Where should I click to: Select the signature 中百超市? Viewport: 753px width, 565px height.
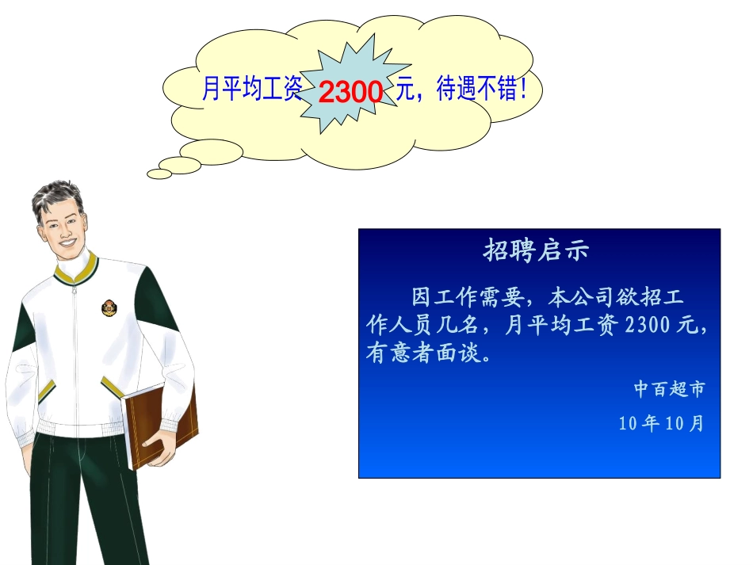(x=669, y=389)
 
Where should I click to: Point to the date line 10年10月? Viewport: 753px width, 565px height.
(x=661, y=423)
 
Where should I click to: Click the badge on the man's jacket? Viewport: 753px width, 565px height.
(x=109, y=307)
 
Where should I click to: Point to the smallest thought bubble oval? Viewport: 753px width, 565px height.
(x=159, y=174)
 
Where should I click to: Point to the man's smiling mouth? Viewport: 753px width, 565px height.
(x=69, y=241)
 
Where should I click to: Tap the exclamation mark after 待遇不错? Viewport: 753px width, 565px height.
(x=522, y=91)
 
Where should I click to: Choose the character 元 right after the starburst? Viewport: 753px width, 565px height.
(x=405, y=91)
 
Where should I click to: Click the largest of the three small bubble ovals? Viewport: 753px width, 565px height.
(x=210, y=151)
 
